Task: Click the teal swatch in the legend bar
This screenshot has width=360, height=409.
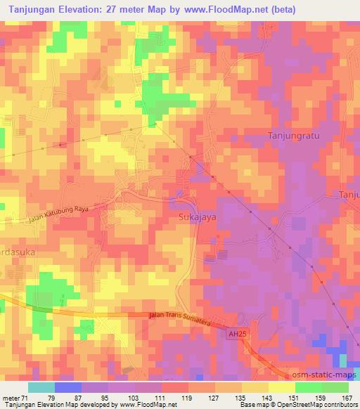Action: (x=41, y=387)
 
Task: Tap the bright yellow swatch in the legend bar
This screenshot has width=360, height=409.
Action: (x=281, y=387)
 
